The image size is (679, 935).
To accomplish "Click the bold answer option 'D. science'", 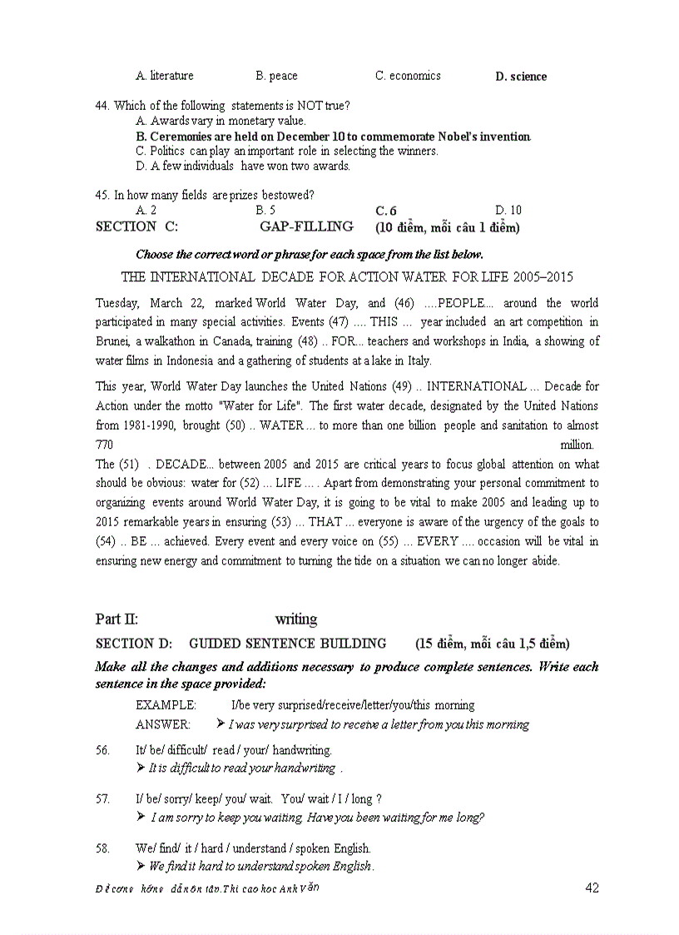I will point(521,77).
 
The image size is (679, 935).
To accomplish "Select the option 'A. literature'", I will point(165,76).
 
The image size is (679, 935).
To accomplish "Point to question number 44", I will point(103,106).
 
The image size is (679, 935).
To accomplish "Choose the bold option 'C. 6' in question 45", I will point(386,211).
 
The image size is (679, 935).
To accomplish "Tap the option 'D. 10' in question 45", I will point(508,211).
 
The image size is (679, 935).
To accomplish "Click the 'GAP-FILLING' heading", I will point(306,226).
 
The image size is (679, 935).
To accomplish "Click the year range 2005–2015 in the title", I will point(542,276).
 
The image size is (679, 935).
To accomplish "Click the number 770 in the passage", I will point(105,445).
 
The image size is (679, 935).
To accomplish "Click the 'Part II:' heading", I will point(116,619).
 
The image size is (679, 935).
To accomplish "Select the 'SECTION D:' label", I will point(134,644).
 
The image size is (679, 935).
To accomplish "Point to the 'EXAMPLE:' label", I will point(166,705).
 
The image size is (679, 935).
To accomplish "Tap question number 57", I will point(103,798).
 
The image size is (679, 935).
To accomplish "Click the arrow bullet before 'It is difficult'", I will point(141,768).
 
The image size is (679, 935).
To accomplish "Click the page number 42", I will point(592,888).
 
